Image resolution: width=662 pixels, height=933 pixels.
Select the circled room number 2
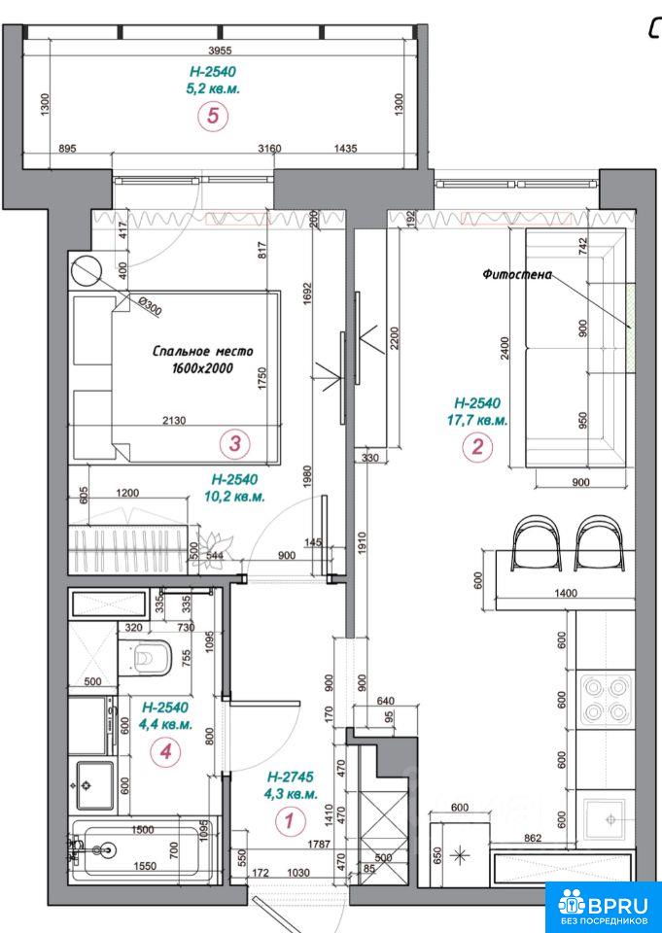[477, 446]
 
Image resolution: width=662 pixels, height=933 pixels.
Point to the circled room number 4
[165, 752]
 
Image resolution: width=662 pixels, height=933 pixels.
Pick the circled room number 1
[290, 821]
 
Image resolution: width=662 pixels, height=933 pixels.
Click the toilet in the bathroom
[146, 658]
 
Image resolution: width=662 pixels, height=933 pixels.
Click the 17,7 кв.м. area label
[477, 420]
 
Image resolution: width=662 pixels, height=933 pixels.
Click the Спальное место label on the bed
[202, 351]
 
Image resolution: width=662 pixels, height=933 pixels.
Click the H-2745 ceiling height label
[291, 777]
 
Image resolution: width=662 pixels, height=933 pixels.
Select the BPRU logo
[604, 906]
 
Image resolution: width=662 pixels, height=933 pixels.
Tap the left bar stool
[536, 542]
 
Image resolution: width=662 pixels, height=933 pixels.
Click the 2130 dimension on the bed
[174, 420]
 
